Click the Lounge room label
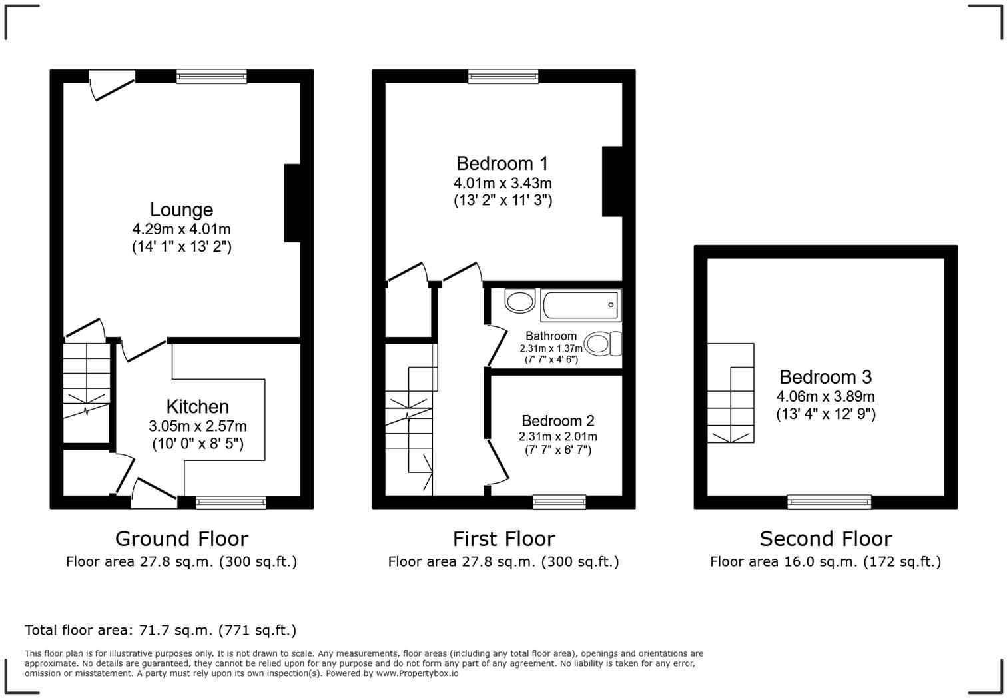[x=181, y=210]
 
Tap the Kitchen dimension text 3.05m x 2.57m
[x=198, y=426]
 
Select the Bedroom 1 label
[x=502, y=163]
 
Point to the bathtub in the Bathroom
[x=580, y=305]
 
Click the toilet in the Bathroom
[x=604, y=344]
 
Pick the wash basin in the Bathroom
[x=519, y=300]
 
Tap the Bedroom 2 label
[x=557, y=421]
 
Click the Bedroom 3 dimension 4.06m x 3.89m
[x=825, y=397]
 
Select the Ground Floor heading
[x=181, y=538]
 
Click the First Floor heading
[x=504, y=538]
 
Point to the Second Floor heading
[x=825, y=538]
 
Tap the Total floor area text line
[x=161, y=630]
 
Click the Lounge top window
[x=212, y=76]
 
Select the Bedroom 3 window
[x=829, y=502]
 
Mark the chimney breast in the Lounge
[x=292, y=202]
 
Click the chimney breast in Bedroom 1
[x=612, y=181]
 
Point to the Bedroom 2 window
[x=559, y=502]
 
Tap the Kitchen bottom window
[x=231, y=502]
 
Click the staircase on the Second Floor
[x=731, y=393]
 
